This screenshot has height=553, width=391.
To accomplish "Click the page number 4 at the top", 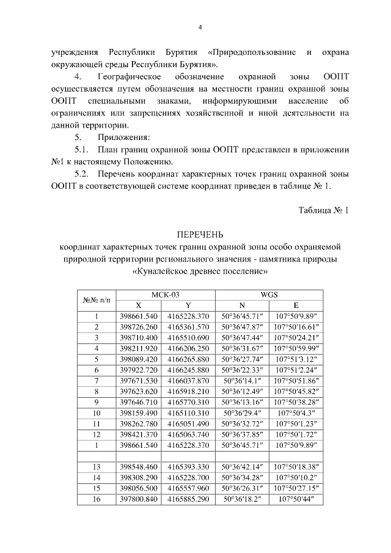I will click(x=200, y=27).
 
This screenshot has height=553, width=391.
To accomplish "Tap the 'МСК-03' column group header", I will click(x=165, y=294).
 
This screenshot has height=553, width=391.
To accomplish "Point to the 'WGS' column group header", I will click(x=269, y=294).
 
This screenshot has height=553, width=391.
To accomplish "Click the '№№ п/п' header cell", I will click(x=97, y=299).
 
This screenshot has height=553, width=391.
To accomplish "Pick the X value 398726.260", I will click(x=139, y=327).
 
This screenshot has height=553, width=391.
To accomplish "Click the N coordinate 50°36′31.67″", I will click(x=243, y=348).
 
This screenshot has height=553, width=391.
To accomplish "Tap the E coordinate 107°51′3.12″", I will click(x=295, y=359).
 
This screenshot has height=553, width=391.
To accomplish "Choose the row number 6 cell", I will click(x=97, y=370).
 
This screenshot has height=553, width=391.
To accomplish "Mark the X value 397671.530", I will click(x=139, y=380).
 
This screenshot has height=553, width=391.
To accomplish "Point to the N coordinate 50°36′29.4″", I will click(x=243, y=412).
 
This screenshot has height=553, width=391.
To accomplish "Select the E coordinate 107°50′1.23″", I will click(x=295, y=423).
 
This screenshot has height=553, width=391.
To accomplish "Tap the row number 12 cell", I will click(x=97, y=434).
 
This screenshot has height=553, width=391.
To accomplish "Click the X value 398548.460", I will click(x=139, y=466).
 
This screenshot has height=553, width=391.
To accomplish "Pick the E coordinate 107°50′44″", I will click(x=295, y=499).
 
